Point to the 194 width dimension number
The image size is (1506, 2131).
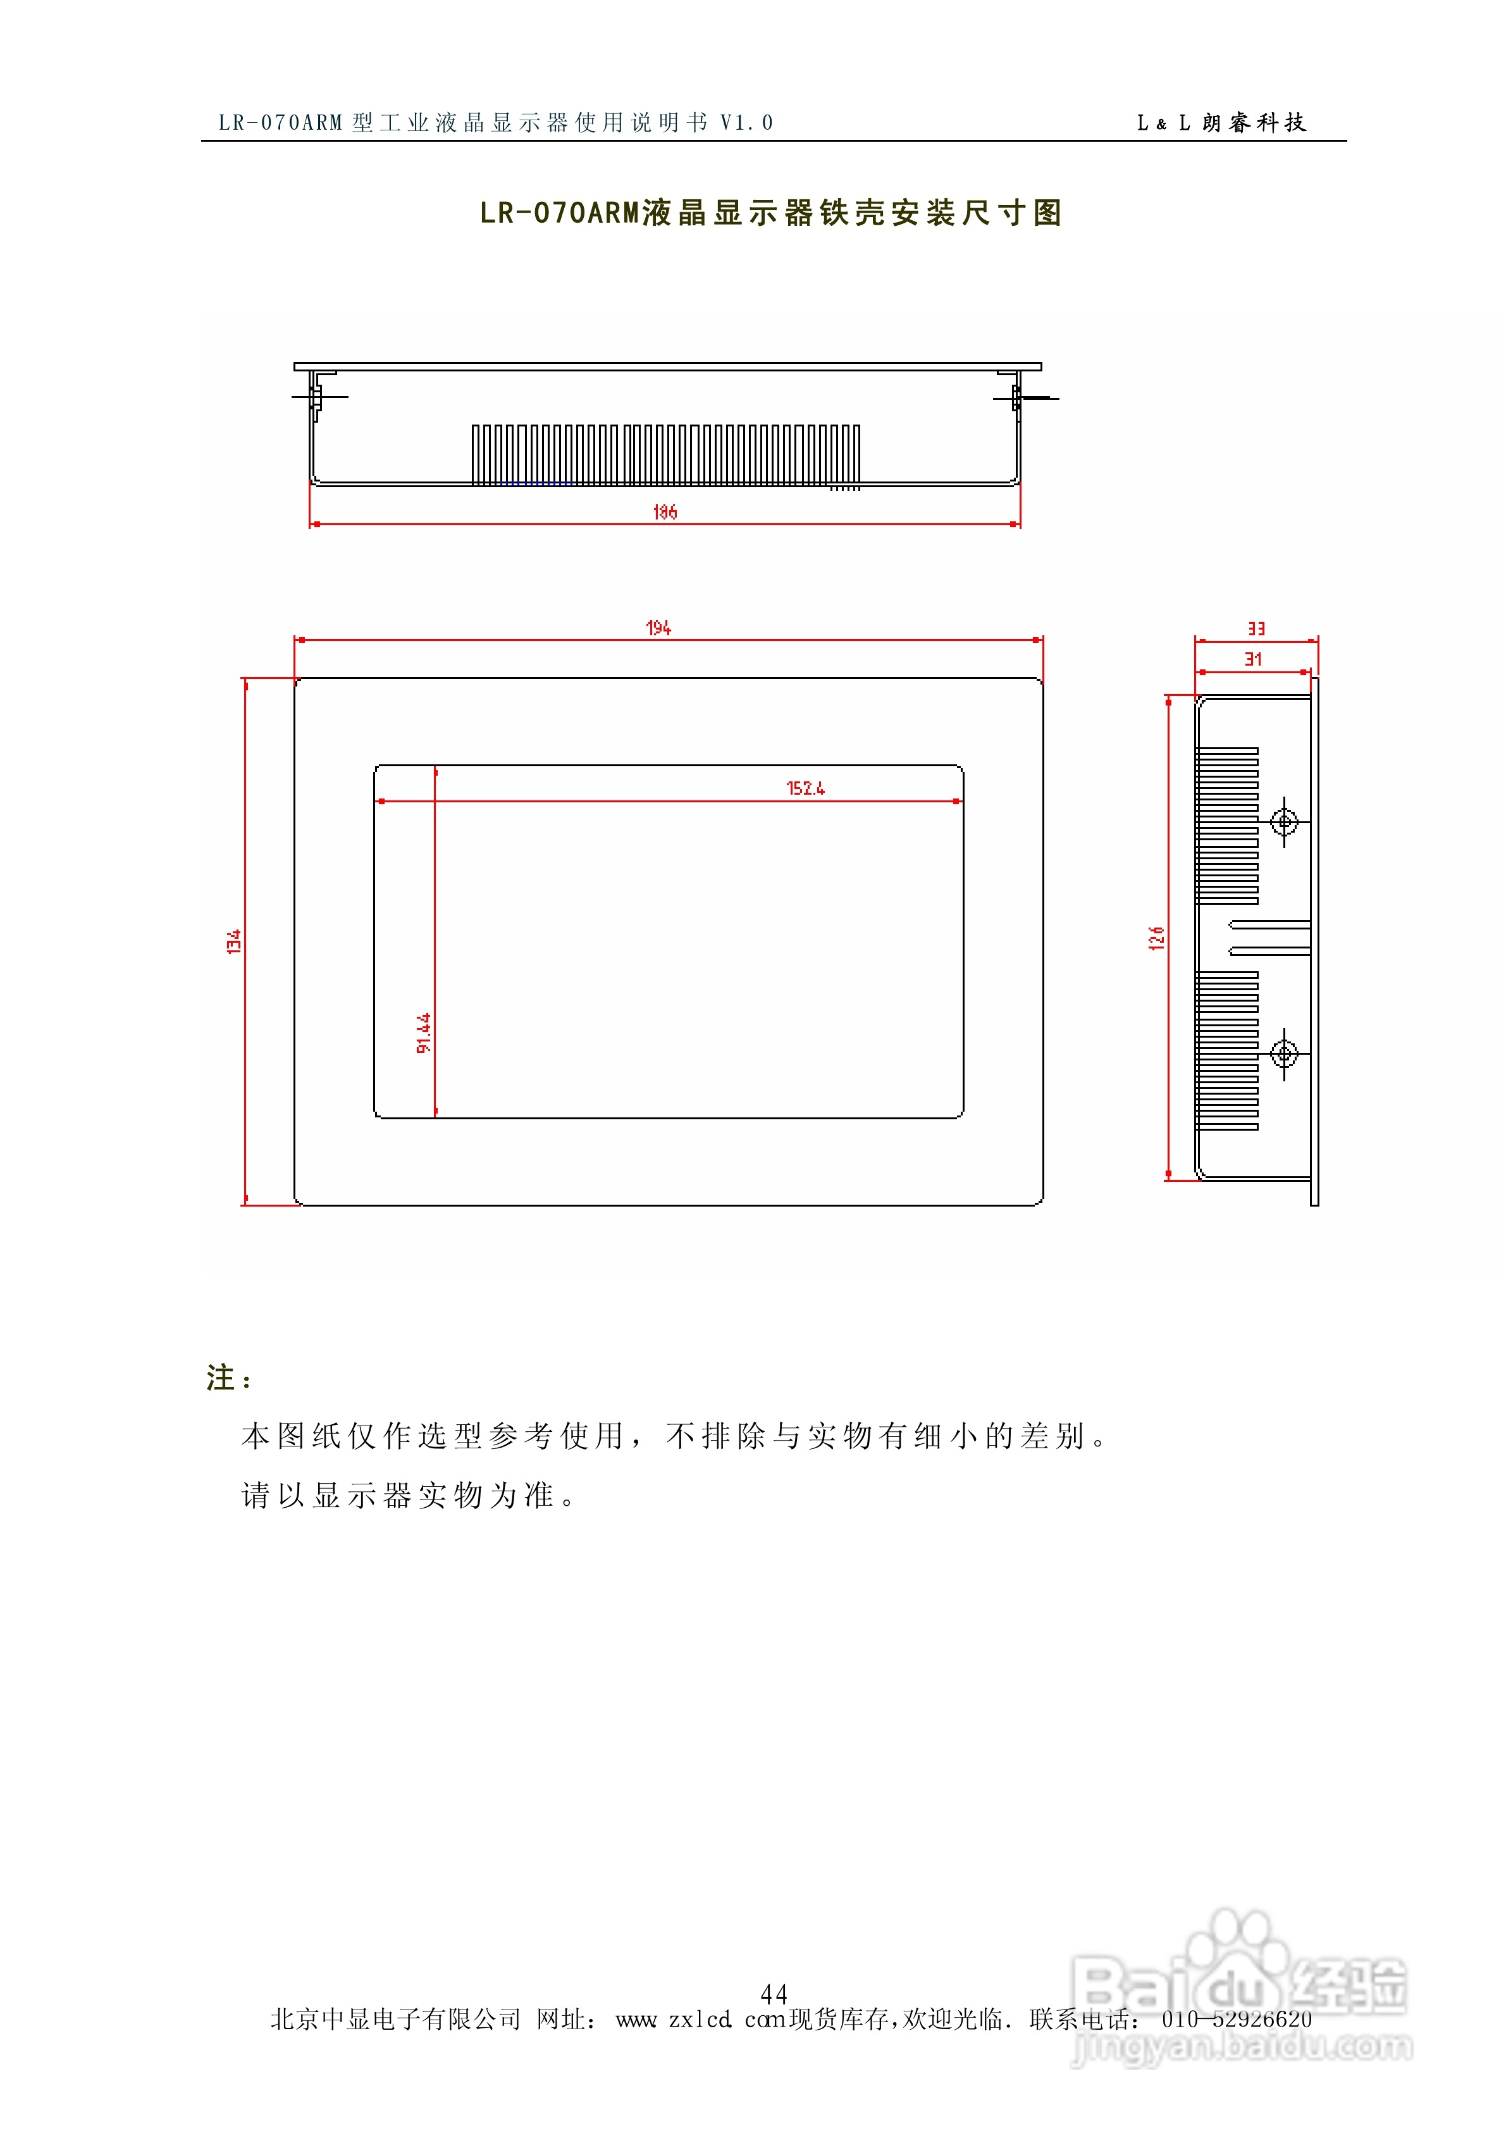point(658,628)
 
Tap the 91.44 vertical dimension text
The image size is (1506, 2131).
point(423,1032)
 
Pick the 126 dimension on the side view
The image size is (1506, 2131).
point(1156,938)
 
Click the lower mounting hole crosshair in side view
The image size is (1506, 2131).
point(1283,1053)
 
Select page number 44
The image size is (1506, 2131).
point(774,1994)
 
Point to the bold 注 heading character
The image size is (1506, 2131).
point(221,1377)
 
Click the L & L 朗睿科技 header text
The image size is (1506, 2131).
point(1221,123)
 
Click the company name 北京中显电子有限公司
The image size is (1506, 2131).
point(395,2020)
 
